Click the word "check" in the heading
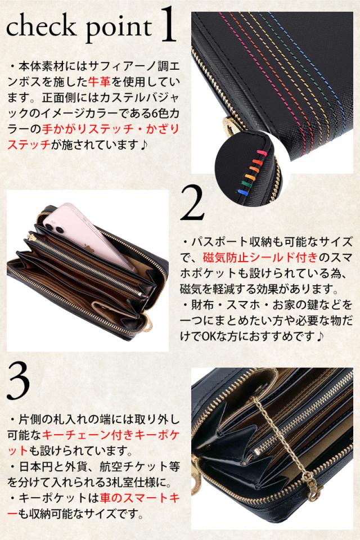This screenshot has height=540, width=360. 41,26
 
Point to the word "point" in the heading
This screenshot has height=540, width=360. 119,29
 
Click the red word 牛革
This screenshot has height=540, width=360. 100,82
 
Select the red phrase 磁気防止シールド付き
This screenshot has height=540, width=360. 260,257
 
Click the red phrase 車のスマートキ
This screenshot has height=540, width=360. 139,498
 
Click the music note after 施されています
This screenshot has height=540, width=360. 143,145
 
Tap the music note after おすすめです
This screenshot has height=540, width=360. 321,336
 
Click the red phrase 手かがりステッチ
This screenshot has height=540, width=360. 88,129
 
